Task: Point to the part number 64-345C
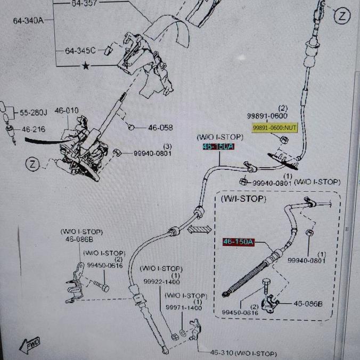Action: tap(80, 51)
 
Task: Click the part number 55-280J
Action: tap(34, 112)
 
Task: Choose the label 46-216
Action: tap(34, 129)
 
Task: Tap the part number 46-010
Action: tap(67, 111)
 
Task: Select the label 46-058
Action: tap(160, 128)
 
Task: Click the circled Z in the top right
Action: tap(342, 16)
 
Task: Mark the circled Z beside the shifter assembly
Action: tap(34, 164)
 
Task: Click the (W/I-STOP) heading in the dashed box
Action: tap(243, 199)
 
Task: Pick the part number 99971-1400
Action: tap(184, 308)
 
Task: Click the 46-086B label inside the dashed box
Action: tap(308, 304)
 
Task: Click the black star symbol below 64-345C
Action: tap(85, 67)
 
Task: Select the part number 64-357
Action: tap(84, 3)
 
